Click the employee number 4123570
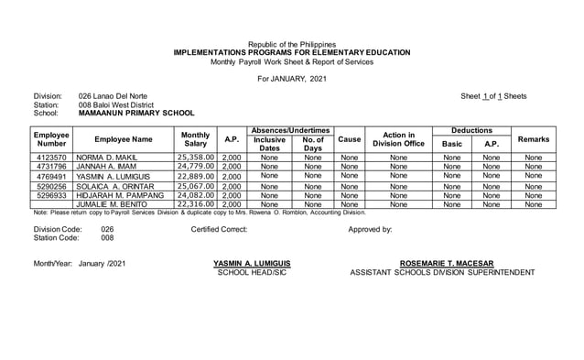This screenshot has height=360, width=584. [50, 158]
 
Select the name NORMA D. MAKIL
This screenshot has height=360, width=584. [106, 158]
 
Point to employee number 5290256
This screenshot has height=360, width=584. [50, 186]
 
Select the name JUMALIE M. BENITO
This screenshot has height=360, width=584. [112, 204]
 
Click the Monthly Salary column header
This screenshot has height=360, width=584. [196, 139]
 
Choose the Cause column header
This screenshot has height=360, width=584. [349, 139]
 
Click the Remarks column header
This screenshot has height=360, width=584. [534, 139]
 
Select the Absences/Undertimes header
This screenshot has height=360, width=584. [291, 131]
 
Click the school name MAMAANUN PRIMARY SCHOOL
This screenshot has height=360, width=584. [136, 114]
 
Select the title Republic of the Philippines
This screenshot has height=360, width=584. [292, 44]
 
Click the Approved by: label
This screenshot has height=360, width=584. [370, 229]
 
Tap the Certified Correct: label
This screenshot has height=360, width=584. [219, 229]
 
